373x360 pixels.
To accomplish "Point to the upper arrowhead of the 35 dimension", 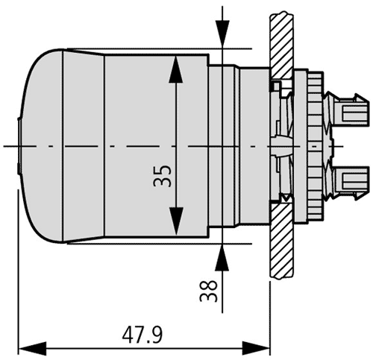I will click(175, 71).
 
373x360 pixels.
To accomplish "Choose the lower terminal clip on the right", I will click(350, 178).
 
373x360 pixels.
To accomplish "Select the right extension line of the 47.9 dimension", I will click(269, 313).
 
